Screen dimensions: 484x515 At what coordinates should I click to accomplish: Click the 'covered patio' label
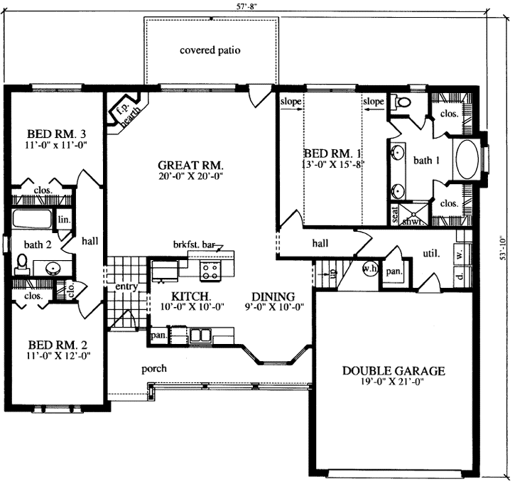[210, 50]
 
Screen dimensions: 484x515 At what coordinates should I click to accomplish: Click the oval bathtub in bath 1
[466, 161]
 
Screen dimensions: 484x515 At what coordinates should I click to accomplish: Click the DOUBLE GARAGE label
[394, 370]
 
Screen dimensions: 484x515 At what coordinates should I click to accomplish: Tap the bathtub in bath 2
[32, 219]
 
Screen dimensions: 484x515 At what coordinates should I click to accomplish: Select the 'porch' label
[153, 368]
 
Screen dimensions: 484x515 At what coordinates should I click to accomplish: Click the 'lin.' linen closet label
[63, 220]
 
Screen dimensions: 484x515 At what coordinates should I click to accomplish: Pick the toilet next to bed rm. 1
[402, 103]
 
